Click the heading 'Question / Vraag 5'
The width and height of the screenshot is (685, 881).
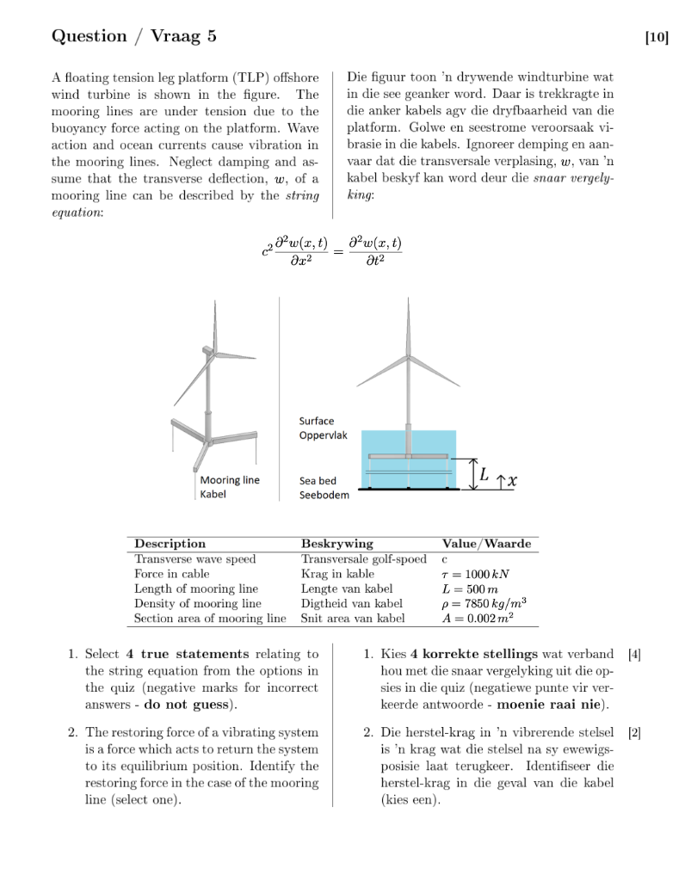pyautogui.click(x=134, y=35)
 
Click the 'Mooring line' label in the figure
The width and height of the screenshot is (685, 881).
pyautogui.click(x=229, y=480)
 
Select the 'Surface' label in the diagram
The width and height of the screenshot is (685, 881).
pyautogui.click(x=316, y=421)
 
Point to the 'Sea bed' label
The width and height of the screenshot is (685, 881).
pyautogui.click(x=317, y=481)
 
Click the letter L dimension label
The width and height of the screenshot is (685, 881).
pyautogui.click(x=484, y=473)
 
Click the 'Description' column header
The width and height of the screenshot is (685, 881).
pyautogui.click(x=170, y=544)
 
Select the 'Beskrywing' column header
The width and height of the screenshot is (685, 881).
pyautogui.click(x=336, y=544)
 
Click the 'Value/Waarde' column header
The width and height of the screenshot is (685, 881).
pyautogui.click(x=485, y=544)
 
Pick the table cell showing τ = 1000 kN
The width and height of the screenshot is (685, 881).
pyautogui.click(x=476, y=574)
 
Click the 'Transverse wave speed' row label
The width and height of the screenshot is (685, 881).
pyautogui.click(x=194, y=559)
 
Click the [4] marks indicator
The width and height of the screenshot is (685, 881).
pyautogui.click(x=635, y=655)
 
